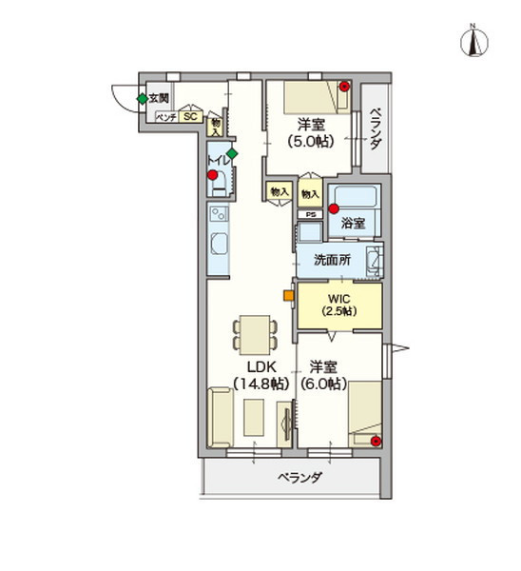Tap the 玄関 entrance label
coord(159,97)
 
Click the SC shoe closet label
coord(189,117)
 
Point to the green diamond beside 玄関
coord(142,97)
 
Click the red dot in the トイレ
coord(213,175)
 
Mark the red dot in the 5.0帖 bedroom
coord(344,87)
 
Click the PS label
coord(310,214)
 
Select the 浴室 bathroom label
coord(354,224)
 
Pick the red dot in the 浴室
coord(333,207)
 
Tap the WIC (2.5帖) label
coord(338,304)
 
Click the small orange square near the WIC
coord(287,294)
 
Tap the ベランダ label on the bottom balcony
coord(299,478)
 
